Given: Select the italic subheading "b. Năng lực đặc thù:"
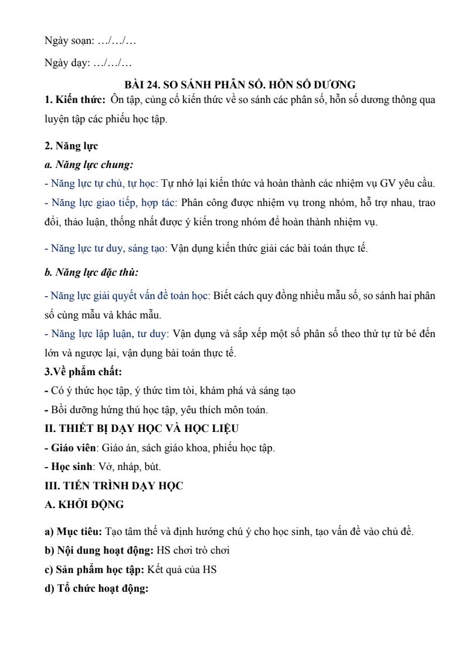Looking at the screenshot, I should click(x=91, y=272).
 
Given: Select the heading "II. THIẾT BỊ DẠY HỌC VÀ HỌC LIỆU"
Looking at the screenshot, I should click(x=142, y=428).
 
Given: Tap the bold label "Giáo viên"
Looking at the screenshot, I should click(x=73, y=448).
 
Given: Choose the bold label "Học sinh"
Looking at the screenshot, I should click(x=71, y=467).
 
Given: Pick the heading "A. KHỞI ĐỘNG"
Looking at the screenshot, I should click(x=84, y=505).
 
